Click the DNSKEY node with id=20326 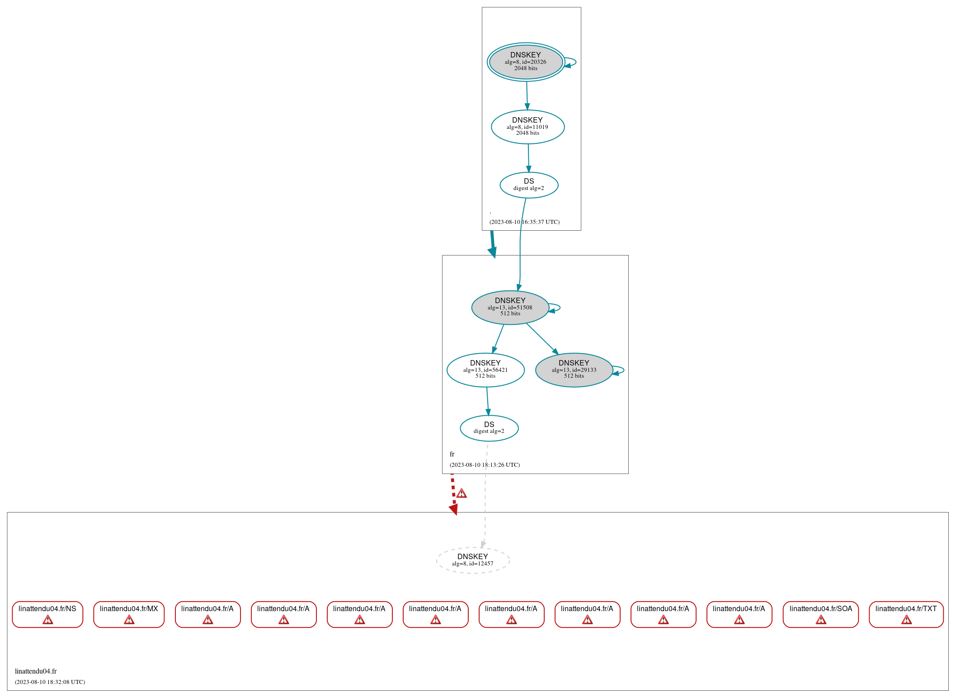(x=526, y=62)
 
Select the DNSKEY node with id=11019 (x=527, y=127)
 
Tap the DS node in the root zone (x=529, y=185)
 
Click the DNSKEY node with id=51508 (x=510, y=307)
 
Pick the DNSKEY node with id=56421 (x=485, y=370)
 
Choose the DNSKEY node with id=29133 (x=574, y=370)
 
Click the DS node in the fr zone (x=489, y=427)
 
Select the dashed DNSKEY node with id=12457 (x=473, y=560)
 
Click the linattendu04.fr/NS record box (x=47, y=614)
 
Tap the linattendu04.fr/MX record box (x=129, y=614)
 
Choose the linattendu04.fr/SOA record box (x=820, y=614)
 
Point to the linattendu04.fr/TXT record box (x=906, y=614)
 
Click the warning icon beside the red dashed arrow (x=462, y=494)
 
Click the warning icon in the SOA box (x=821, y=620)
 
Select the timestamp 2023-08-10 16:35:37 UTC (x=524, y=222)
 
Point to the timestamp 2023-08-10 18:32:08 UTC (x=50, y=682)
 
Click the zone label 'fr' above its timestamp (x=452, y=454)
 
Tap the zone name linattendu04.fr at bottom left (x=36, y=671)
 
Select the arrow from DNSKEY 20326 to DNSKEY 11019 (x=527, y=95)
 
